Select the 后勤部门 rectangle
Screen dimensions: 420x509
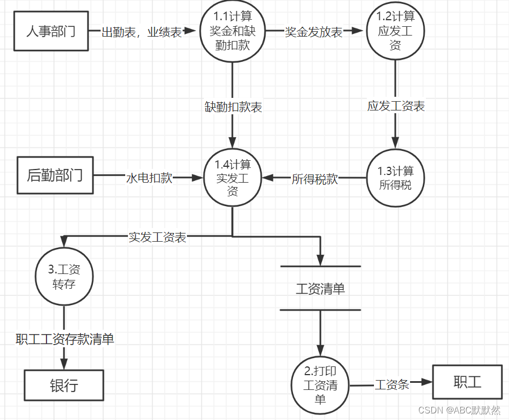(55, 176)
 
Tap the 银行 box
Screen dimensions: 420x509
(64, 386)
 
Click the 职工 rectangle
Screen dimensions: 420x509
(467, 382)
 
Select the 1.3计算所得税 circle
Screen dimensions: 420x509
(395, 178)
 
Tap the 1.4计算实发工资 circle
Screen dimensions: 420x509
(232, 178)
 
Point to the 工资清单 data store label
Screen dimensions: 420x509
(320, 289)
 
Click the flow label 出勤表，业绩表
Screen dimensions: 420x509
(142, 32)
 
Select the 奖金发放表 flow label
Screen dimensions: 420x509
(314, 32)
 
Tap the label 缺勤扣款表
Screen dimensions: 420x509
(233, 107)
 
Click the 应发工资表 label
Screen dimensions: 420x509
(396, 106)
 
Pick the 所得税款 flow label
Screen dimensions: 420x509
(314, 179)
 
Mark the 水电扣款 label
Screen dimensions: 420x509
(149, 178)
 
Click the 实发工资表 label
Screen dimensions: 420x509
(157, 237)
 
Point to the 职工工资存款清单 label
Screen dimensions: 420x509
(65, 340)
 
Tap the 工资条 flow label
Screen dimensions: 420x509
(392, 384)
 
